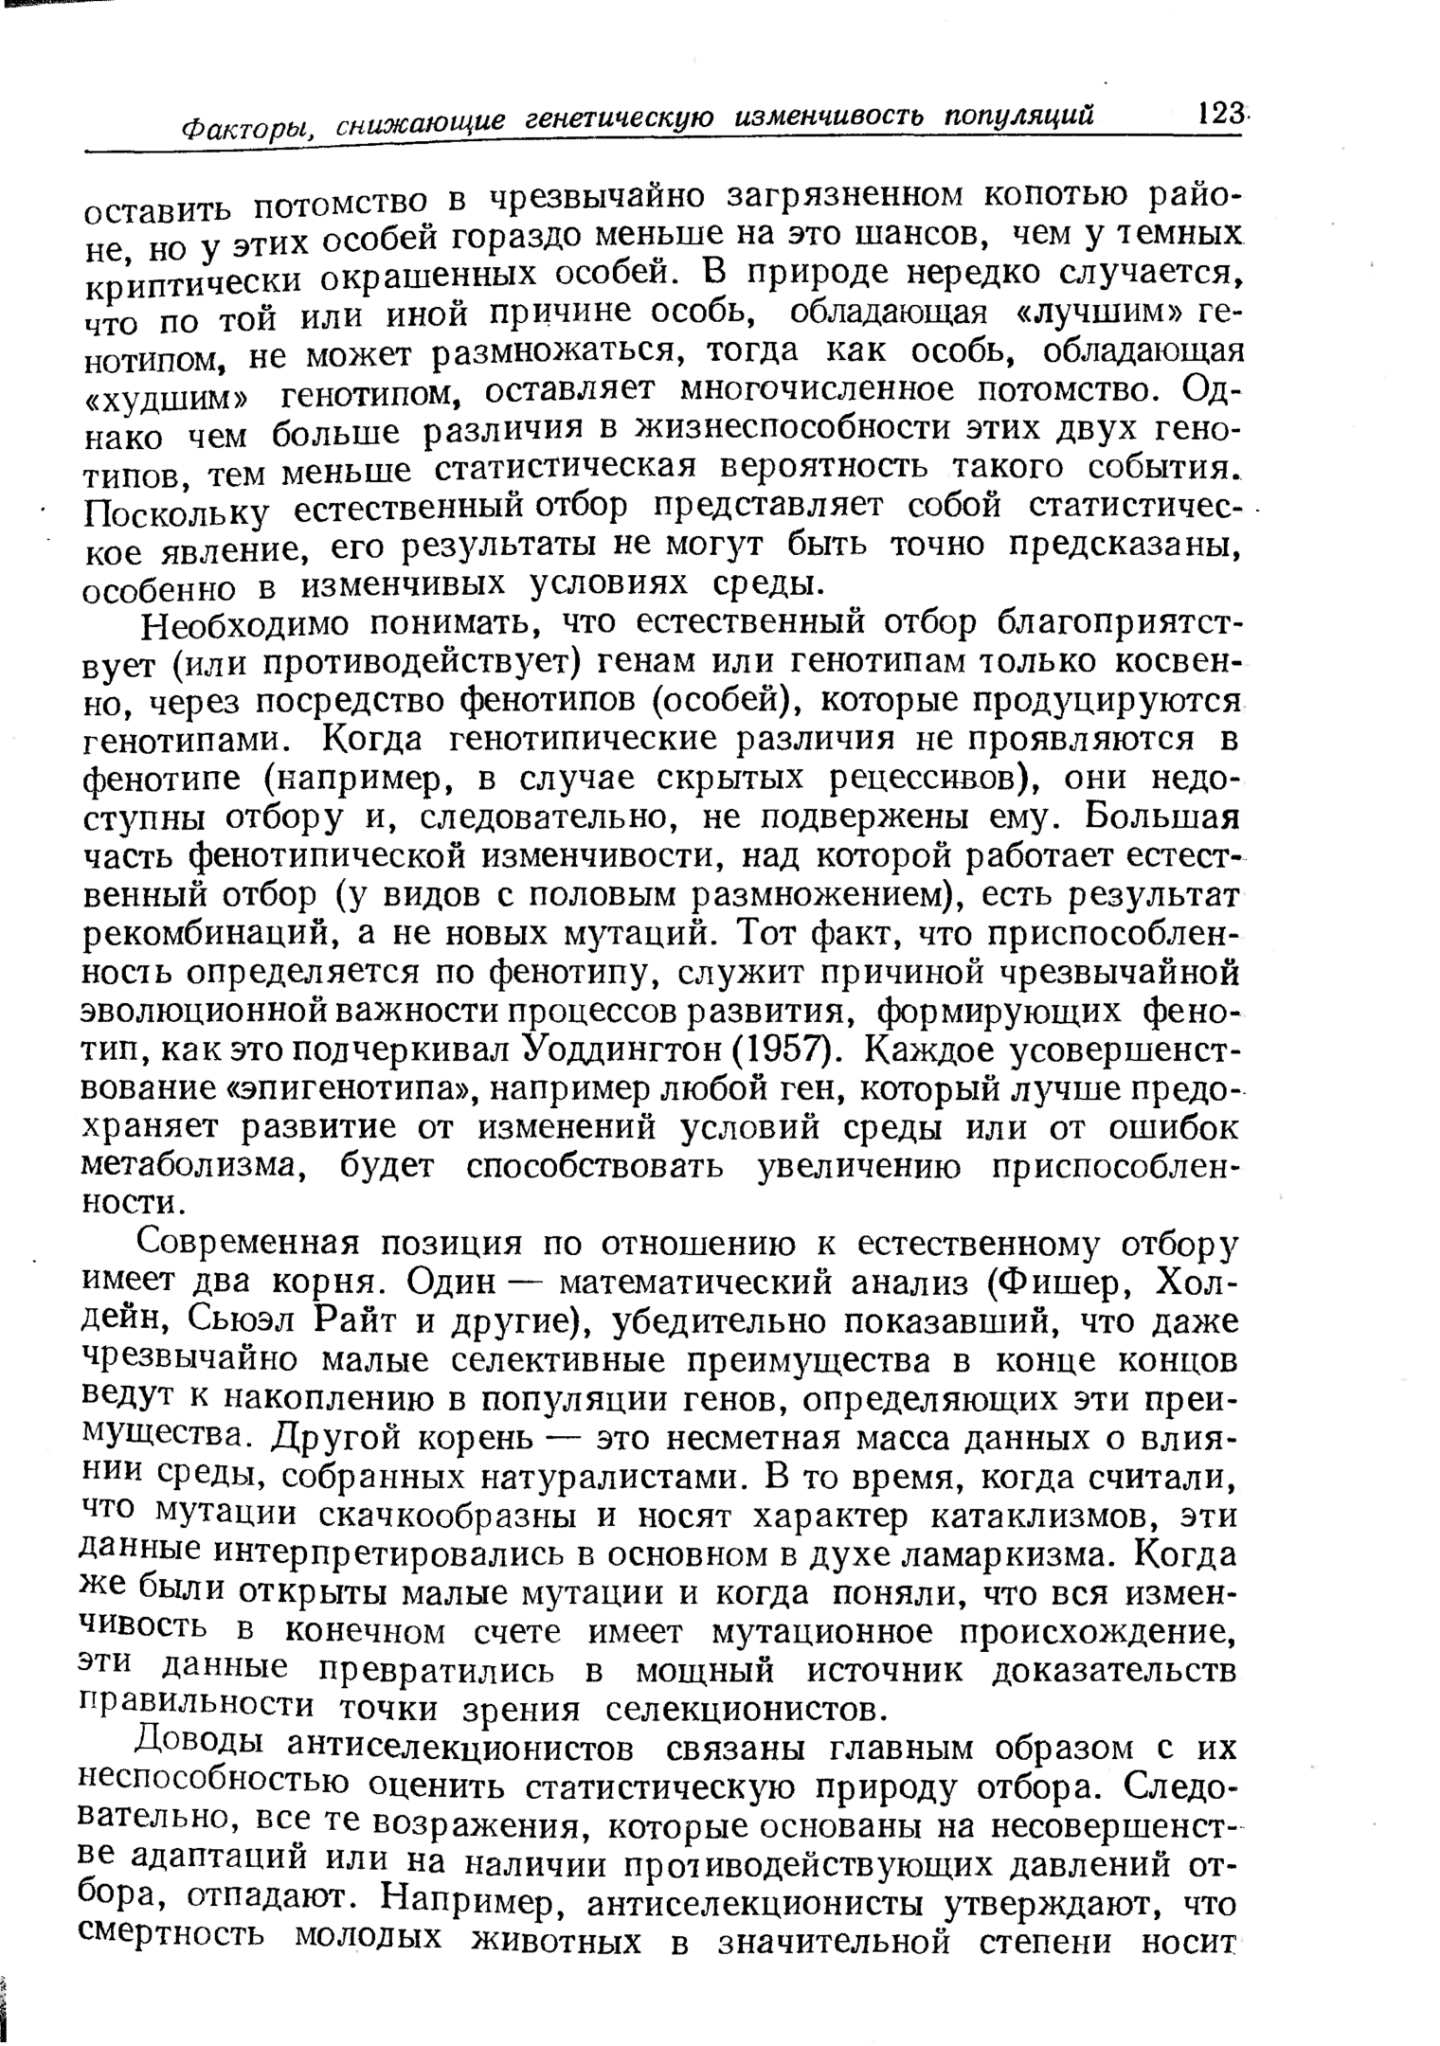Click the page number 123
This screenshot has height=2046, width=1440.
(x=1219, y=115)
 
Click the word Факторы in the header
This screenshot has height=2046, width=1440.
(x=245, y=127)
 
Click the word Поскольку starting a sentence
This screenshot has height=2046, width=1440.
(x=176, y=513)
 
